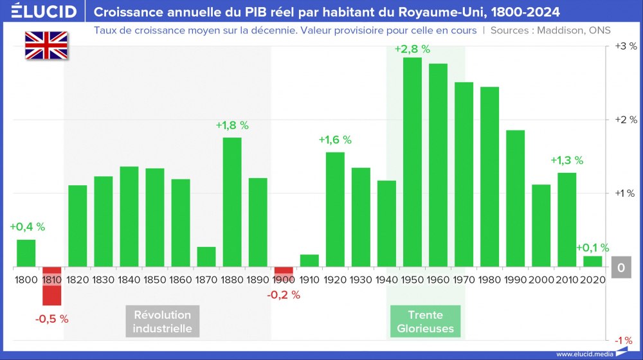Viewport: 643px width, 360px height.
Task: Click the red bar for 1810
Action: (x=51, y=286)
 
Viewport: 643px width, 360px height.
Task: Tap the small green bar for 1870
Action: (x=206, y=256)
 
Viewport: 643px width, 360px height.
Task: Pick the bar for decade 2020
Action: (x=592, y=261)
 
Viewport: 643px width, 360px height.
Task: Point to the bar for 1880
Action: (x=232, y=202)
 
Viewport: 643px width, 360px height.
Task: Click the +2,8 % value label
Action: (x=412, y=49)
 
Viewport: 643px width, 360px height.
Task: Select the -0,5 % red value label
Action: (x=51, y=318)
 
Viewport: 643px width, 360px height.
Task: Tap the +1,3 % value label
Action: (x=566, y=160)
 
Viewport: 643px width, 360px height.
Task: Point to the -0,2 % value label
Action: (x=284, y=295)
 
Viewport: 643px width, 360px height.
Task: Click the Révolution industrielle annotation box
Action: (x=162, y=321)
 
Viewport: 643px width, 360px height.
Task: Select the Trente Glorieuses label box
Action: (x=426, y=321)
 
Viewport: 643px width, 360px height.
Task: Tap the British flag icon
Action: (x=46, y=46)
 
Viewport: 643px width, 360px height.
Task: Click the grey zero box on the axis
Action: (x=621, y=267)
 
